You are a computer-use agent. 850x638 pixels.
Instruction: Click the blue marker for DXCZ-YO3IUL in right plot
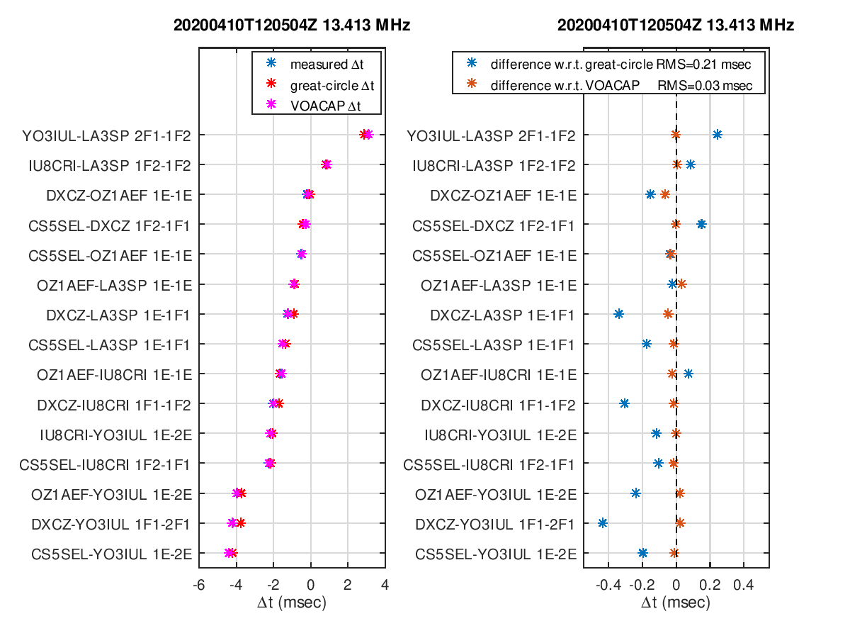[x=603, y=523]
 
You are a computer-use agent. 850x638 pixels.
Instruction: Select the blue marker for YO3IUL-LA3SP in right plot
[x=717, y=135]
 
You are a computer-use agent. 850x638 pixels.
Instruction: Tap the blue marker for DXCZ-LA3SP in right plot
[x=618, y=314]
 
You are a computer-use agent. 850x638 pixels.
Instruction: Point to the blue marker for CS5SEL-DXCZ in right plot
[x=701, y=224]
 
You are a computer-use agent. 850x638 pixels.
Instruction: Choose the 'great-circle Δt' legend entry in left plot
[x=331, y=84]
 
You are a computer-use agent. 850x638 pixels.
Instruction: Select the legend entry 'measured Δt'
[x=325, y=65]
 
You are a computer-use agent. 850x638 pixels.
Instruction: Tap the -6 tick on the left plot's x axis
[x=199, y=586]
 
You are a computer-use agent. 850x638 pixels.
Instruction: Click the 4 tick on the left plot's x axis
[x=385, y=586]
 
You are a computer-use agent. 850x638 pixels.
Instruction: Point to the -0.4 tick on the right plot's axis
[x=608, y=586]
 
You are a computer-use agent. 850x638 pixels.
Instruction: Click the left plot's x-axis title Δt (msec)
[x=292, y=603]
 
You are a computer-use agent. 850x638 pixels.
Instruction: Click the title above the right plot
[x=676, y=26]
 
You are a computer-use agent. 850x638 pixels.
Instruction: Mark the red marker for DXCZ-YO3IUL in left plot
[x=241, y=523]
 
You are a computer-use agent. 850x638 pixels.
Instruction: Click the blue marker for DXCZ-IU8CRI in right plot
[x=624, y=403]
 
